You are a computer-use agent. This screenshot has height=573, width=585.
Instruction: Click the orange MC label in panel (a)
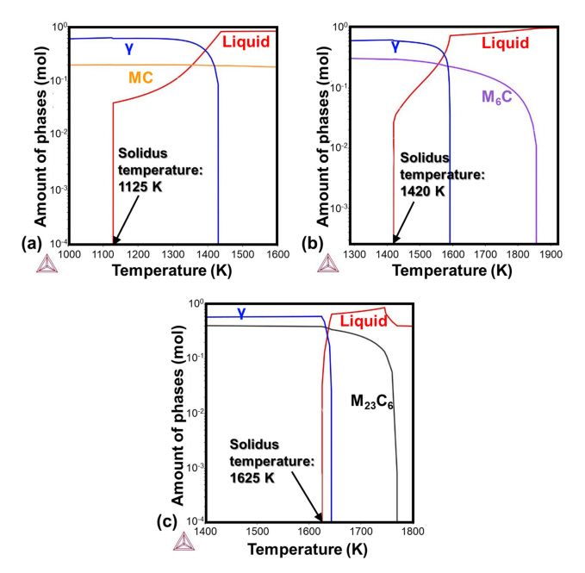[x=141, y=78]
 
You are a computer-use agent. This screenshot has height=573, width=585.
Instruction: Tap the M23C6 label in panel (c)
[x=371, y=401]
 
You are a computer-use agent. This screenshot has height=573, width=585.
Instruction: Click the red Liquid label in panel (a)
[x=248, y=40]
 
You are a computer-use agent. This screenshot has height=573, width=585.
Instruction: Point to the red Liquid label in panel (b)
[x=504, y=41]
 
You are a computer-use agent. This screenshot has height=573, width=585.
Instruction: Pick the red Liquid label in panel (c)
[x=358, y=321]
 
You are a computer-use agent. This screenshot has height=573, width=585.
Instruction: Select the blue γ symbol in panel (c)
[x=241, y=314]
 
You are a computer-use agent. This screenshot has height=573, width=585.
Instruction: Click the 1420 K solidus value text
[x=423, y=190]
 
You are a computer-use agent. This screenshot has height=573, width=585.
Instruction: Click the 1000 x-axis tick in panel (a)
[x=70, y=255]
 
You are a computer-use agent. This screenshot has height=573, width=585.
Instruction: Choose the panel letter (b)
[x=314, y=244]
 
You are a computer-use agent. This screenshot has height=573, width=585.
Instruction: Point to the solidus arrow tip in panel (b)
[x=395, y=241]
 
